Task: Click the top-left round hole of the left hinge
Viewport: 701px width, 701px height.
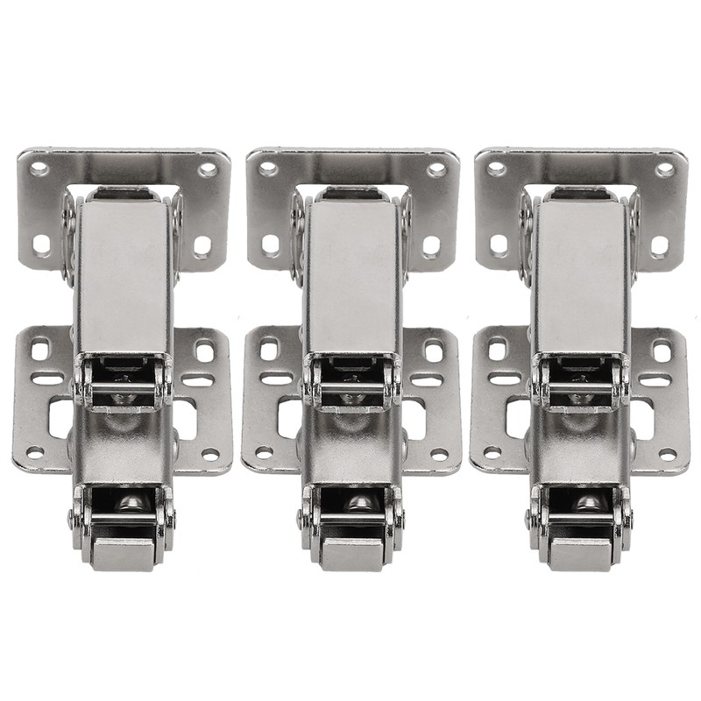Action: tap(39, 166)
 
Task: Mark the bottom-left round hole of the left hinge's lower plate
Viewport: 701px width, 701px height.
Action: tap(34, 453)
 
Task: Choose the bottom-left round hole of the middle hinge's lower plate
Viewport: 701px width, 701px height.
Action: tap(263, 453)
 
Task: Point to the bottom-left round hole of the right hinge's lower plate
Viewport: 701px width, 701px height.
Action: tap(492, 453)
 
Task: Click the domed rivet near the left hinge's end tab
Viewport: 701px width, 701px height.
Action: tap(130, 502)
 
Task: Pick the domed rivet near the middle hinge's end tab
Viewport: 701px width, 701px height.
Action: tap(358, 502)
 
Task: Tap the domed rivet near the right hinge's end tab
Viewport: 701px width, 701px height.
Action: tap(586, 502)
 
